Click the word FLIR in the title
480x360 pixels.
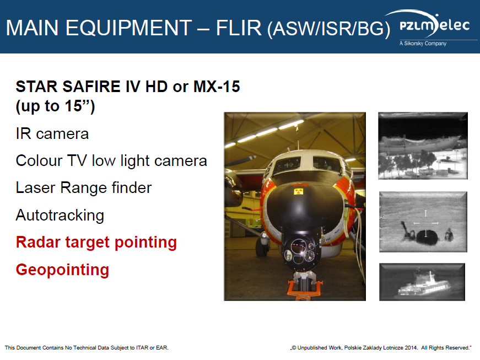[239, 28]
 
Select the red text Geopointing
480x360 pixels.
[62, 270]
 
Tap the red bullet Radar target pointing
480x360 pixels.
[96, 243]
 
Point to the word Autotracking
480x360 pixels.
[60, 215]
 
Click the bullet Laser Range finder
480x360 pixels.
[84, 187]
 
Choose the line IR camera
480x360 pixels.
[52, 134]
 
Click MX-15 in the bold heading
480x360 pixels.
[217, 87]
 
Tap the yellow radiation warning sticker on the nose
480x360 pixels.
[298, 192]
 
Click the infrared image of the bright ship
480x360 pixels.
[422, 282]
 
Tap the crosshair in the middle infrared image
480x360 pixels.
[426, 223]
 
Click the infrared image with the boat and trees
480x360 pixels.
[423, 146]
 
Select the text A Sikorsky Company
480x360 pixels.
[423, 44]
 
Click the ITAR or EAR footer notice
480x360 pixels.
[87, 348]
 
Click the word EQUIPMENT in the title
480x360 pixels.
[129, 28]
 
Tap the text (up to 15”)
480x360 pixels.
[56, 106]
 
